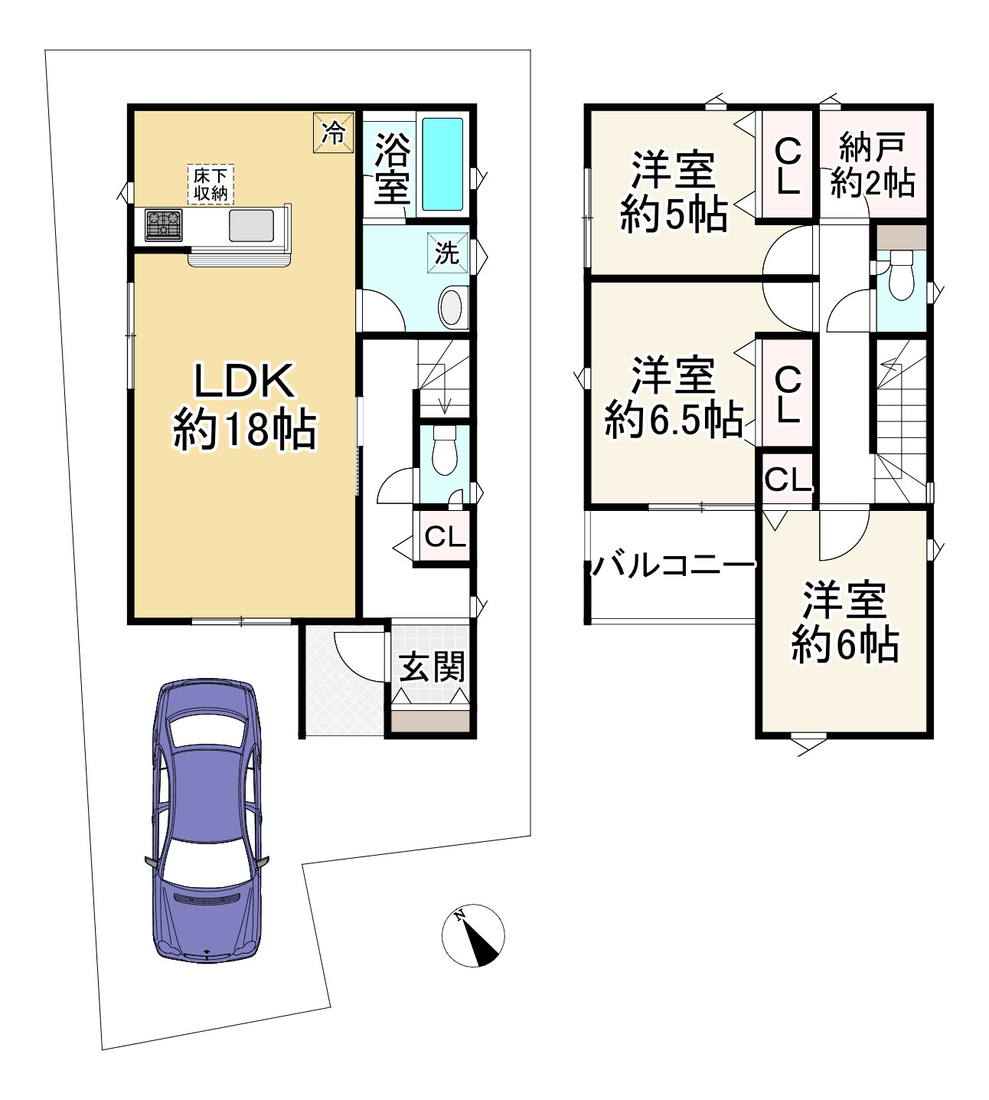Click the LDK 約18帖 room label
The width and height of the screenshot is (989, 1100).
point(243,406)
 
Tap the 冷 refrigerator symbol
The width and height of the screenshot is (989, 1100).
point(333,133)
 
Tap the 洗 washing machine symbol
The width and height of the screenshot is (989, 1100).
point(446,252)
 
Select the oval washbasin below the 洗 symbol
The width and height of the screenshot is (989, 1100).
point(453,308)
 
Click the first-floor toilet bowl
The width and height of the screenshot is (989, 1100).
point(444,452)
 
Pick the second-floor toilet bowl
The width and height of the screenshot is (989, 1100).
point(901,280)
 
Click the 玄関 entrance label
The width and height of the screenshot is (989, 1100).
point(432,666)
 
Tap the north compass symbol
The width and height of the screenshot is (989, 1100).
point(473,935)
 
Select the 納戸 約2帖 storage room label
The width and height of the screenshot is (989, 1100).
point(873,165)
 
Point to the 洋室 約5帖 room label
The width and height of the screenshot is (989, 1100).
point(673,192)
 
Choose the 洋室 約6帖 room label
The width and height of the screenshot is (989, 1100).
point(844,621)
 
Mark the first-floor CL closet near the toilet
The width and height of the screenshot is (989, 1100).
point(445,536)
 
